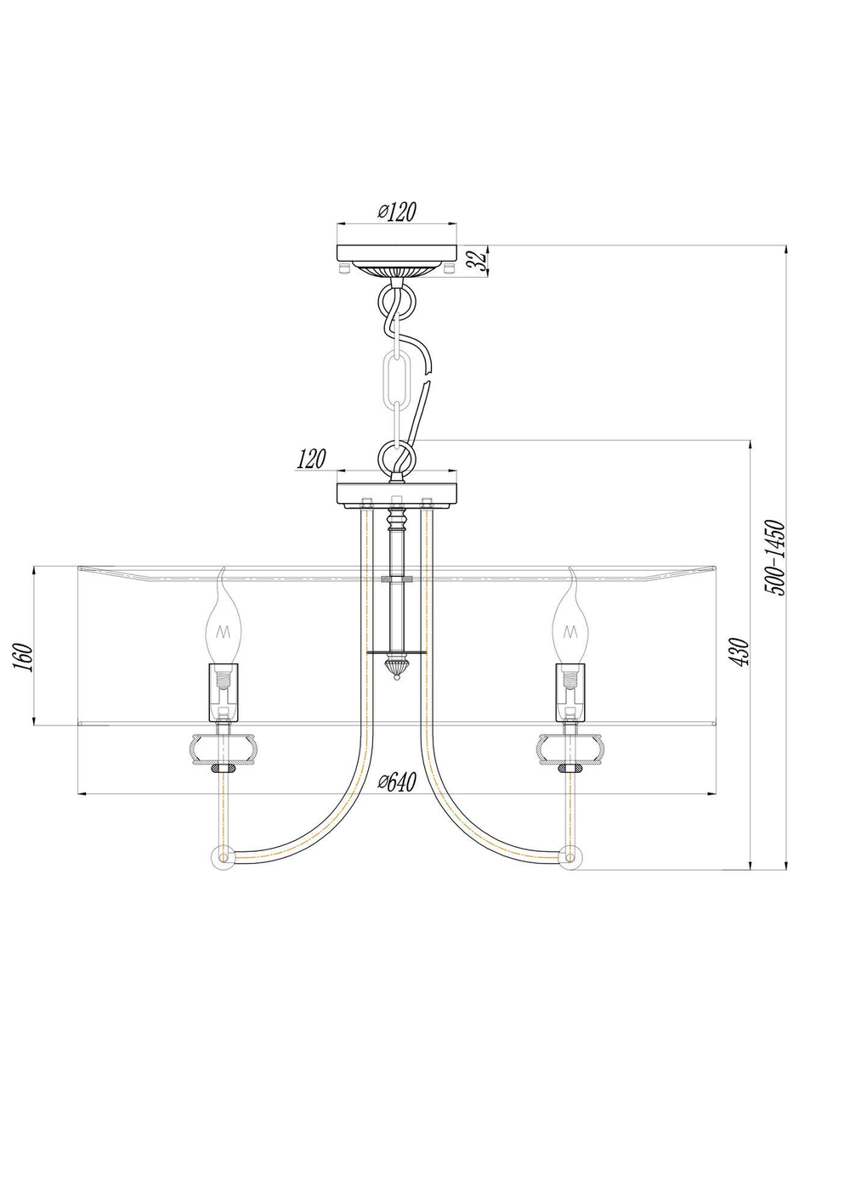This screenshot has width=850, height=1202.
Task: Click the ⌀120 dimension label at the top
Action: pos(396,212)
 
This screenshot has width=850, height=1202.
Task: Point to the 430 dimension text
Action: pos(741,652)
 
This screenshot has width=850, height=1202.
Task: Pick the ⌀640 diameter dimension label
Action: pos(396,782)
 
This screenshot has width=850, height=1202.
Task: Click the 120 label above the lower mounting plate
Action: pos(311,460)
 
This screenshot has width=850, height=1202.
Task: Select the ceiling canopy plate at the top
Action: pos(397,253)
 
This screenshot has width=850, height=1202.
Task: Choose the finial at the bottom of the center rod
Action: pos(397,668)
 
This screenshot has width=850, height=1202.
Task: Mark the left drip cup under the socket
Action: pos(223,746)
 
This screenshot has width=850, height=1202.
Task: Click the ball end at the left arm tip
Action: pos(223,857)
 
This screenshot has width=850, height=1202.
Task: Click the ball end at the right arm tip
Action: pos(571,857)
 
